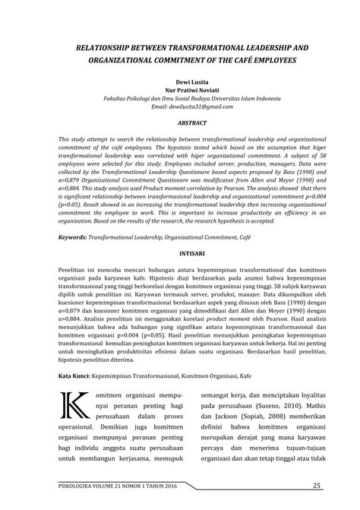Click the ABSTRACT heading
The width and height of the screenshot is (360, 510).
coord(179,122)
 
